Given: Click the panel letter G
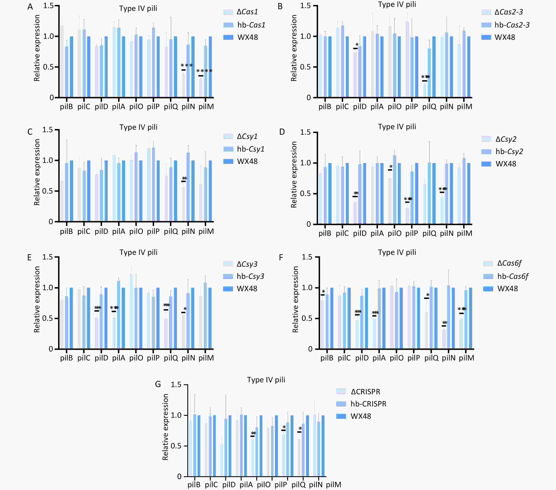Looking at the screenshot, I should click(158, 384).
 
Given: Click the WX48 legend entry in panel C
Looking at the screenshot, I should click(241, 161).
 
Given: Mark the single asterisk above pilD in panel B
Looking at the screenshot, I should click(357, 45).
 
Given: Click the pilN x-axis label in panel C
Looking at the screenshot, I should click(188, 231).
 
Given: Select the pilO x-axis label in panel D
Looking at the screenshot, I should click(394, 233).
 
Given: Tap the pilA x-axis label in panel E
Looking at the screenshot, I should click(119, 358).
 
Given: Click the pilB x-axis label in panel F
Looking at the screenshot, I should click(327, 358).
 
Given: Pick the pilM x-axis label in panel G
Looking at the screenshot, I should click(333, 485).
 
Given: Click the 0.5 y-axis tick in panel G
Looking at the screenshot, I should click(176, 446).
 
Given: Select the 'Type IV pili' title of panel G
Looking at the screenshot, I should click(266, 380).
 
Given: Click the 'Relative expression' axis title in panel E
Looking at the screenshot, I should click(37, 299).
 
